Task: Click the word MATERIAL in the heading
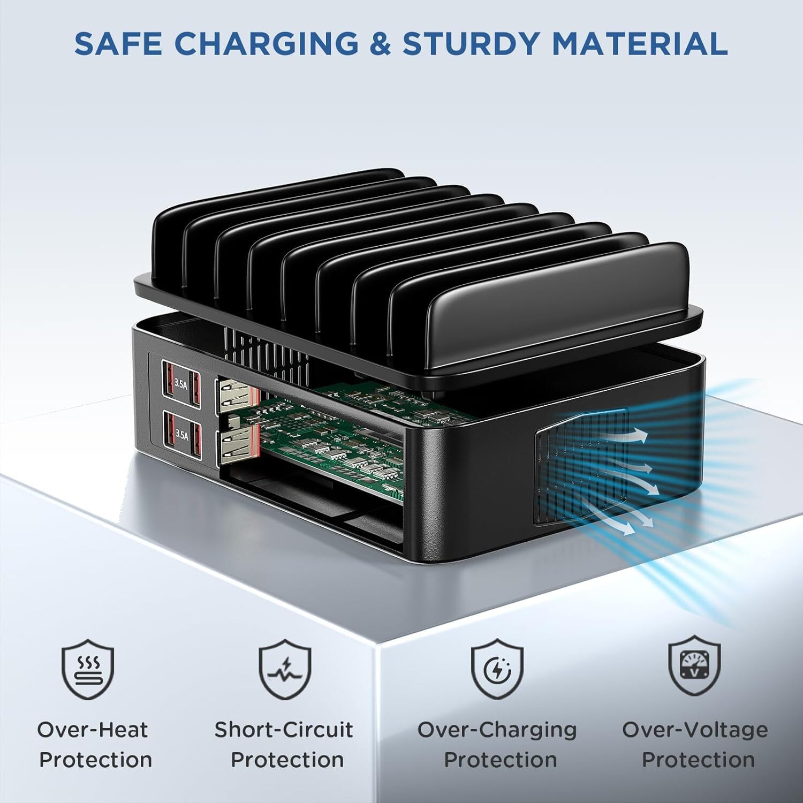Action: [639, 44]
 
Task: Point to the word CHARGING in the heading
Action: [267, 44]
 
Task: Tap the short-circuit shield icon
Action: [285, 671]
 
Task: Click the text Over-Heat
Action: [92, 730]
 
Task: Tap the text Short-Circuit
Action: [284, 730]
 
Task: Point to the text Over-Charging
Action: [497, 730]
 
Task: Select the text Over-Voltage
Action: [695, 730]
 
